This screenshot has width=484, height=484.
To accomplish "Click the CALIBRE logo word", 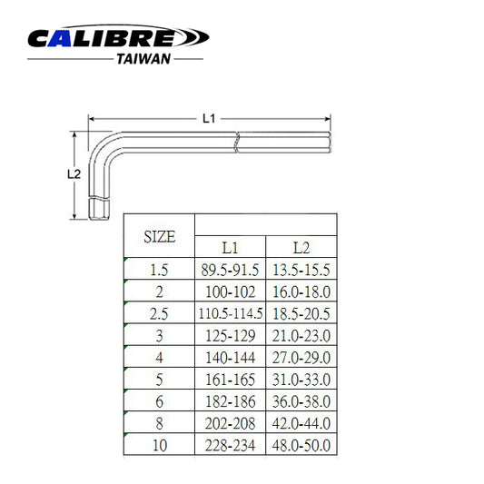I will tap(118, 38).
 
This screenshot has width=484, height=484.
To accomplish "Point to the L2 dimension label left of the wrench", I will tap(75, 173).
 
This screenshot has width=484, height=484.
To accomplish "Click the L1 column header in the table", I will tap(231, 247).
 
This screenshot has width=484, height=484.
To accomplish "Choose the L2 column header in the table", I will tap(301, 247).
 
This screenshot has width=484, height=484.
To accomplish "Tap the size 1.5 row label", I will tap(160, 269).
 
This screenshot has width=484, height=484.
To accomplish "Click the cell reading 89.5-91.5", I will tap(231, 269).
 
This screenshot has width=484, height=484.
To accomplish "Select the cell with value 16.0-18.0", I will tap(301, 291).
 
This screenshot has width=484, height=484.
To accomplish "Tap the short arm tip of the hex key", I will tap(99, 211).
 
